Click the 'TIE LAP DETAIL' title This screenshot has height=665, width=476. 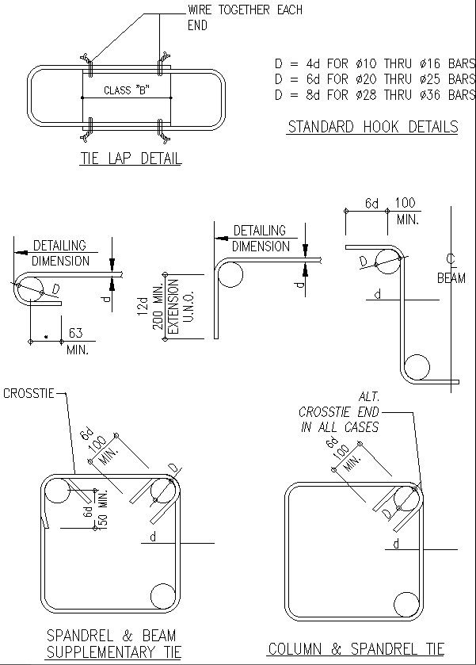click(x=130, y=159)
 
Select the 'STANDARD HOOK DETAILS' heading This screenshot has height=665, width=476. click(x=372, y=127)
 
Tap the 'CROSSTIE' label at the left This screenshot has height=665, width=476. click(x=29, y=393)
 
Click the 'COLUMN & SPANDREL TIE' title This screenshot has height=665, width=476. click(x=356, y=648)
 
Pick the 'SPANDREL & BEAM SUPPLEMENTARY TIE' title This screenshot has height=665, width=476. click(x=112, y=644)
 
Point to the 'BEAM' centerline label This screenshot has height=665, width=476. click(x=451, y=278)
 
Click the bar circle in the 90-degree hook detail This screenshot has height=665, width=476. click(x=230, y=274)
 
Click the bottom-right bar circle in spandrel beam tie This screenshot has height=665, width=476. click(x=162, y=595)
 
